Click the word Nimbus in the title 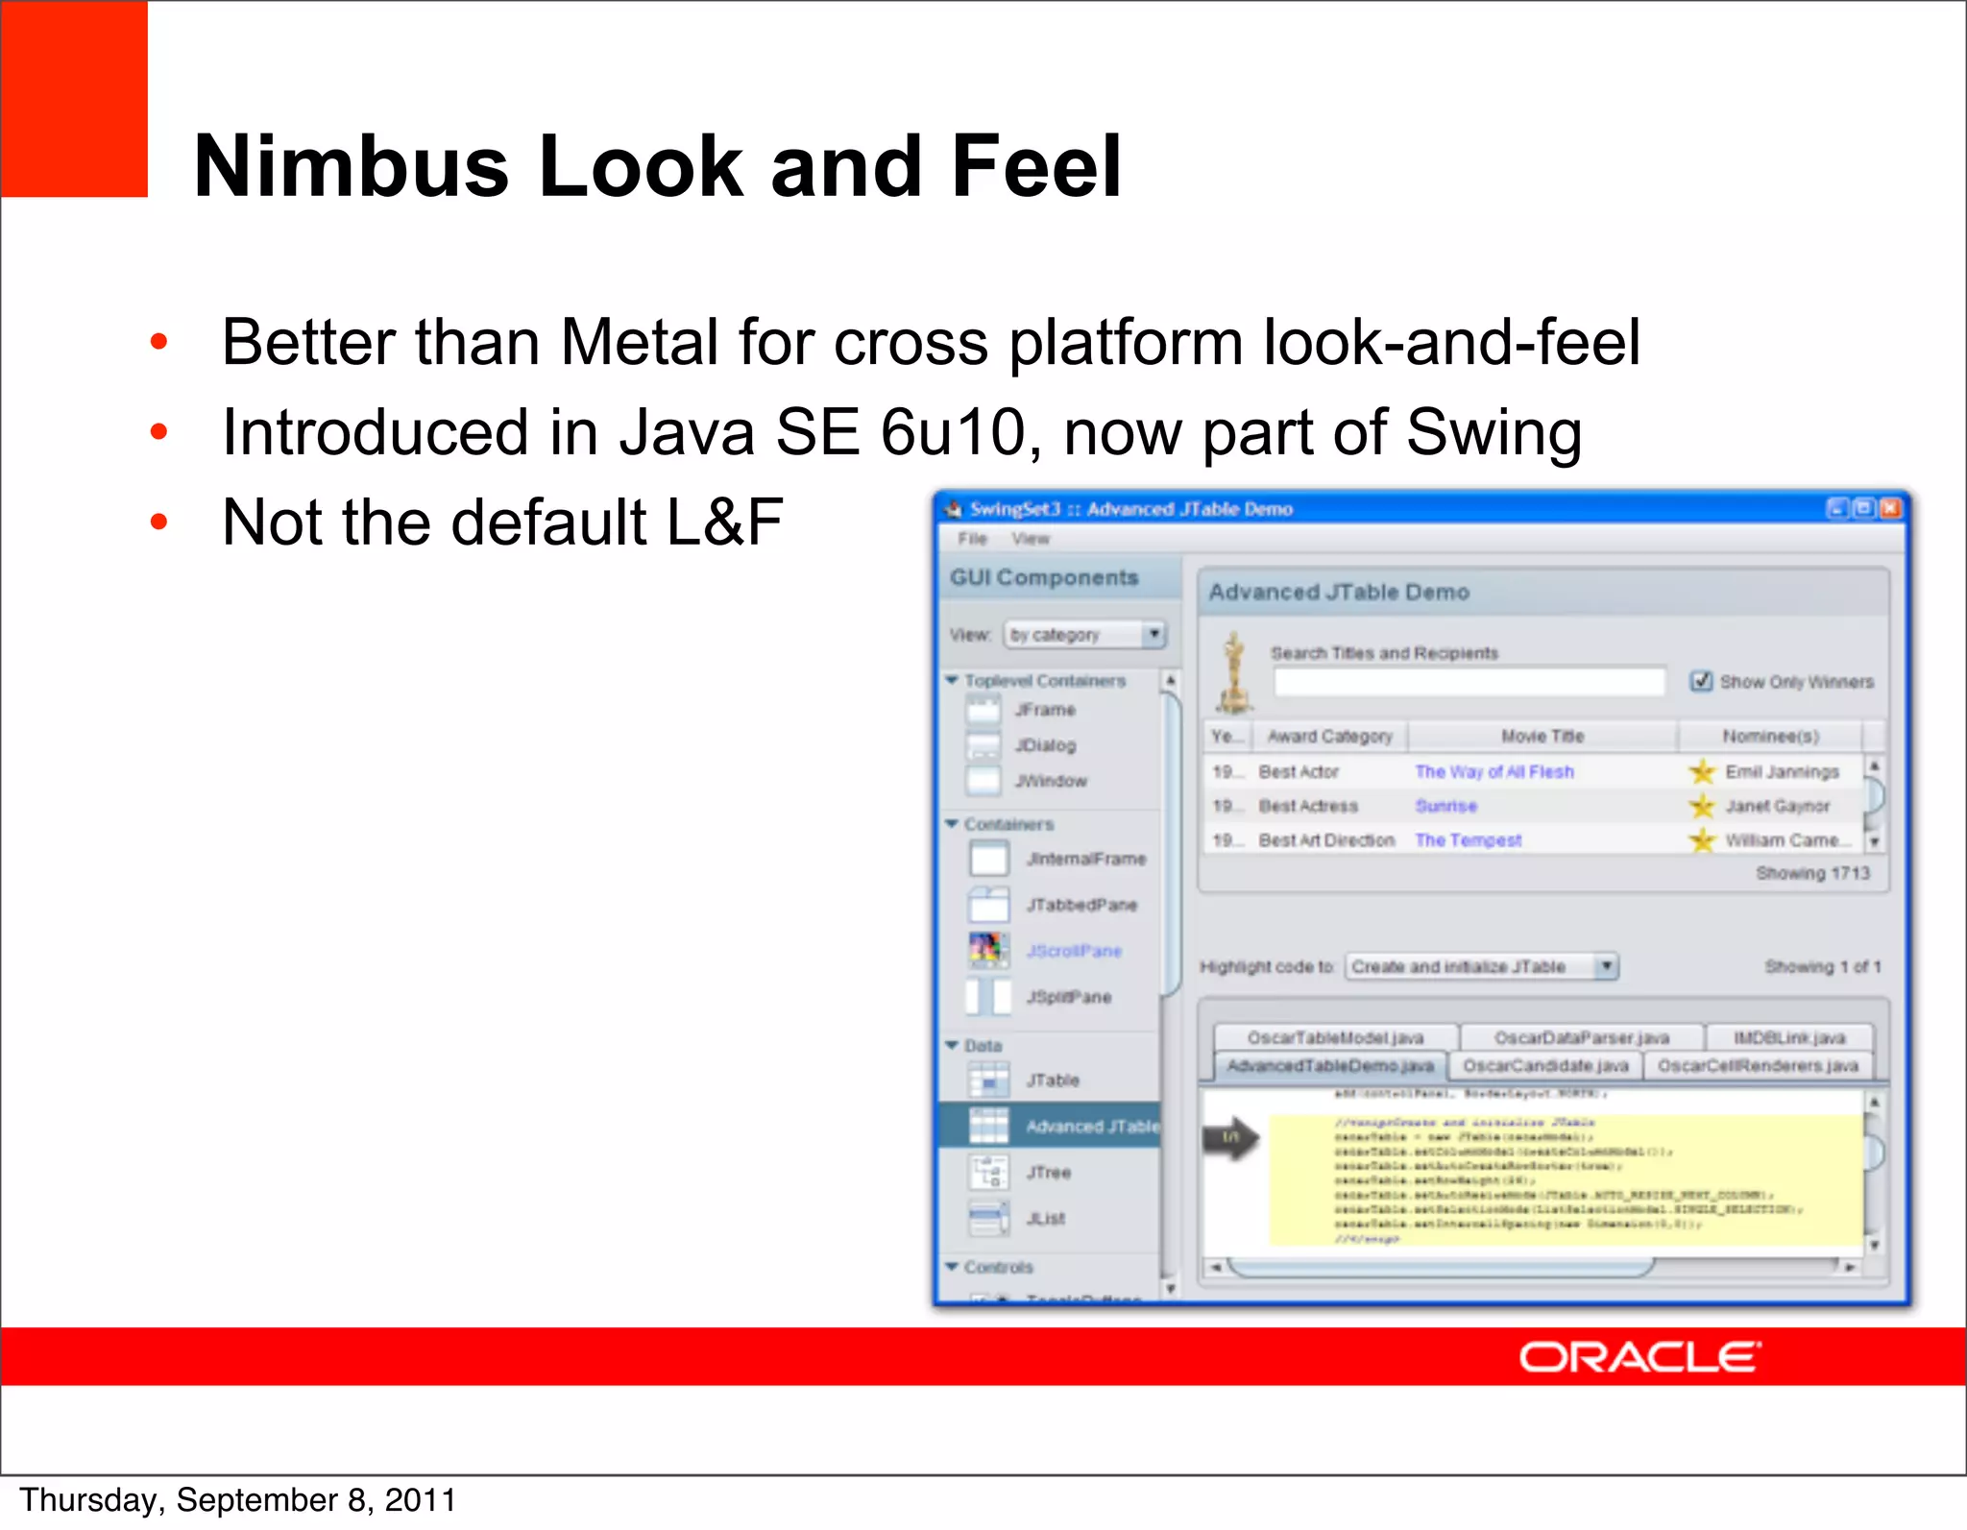click(x=351, y=167)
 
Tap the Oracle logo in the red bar click(x=1639, y=1357)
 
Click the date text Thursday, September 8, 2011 click(x=237, y=1500)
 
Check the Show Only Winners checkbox click(x=1701, y=681)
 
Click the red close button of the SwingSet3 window click(x=1890, y=508)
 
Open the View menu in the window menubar click(x=1030, y=539)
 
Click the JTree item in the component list click(x=1047, y=1173)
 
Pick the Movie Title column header click(x=1542, y=736)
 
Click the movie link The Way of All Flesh click(x=1493, y=771)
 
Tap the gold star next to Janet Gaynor click(x=1701, y=806)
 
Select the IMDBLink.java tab click(x=1788, y=1037)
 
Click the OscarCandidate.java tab click(x=1544, y=1066)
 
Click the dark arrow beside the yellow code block click(x=1231, y=1138)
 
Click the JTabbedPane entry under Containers click(x=1081, y=905)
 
